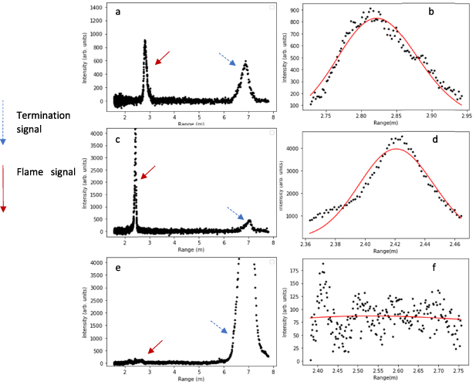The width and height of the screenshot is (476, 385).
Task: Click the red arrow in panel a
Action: point(162,58)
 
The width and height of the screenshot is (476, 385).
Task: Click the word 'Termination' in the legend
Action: point(43,114)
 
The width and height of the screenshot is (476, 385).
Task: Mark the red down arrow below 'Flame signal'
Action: point(4,188)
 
